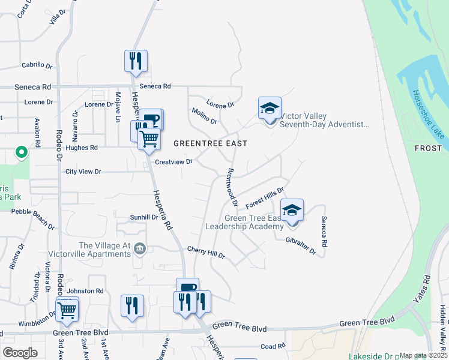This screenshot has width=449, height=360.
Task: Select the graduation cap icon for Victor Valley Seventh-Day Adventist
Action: [270, 109]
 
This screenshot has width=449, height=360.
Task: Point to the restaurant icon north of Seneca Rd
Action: [136, 61]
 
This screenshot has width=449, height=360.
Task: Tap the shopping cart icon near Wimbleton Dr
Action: [67, 309]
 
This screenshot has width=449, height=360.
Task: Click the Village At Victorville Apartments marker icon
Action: [140, 248]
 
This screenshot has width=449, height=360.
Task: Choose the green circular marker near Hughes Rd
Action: [21, 153]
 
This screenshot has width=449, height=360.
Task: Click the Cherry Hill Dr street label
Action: [206, 252]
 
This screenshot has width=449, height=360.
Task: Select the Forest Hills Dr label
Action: [264, 197]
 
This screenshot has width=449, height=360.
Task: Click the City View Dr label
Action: [83, 172]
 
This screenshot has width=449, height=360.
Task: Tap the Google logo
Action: [20, 352]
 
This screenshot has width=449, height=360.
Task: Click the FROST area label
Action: [432, 148]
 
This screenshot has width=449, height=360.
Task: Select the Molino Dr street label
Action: [204, 116]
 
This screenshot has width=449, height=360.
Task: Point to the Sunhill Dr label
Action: [144, 217]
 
